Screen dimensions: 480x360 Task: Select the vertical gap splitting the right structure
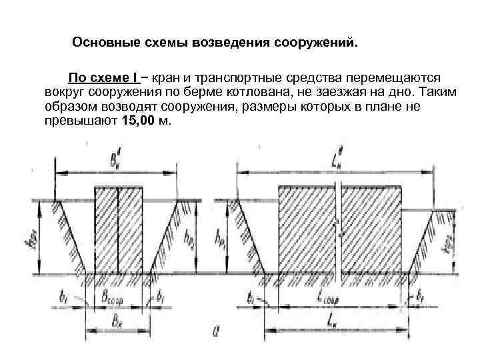click(x=340, y=230)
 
